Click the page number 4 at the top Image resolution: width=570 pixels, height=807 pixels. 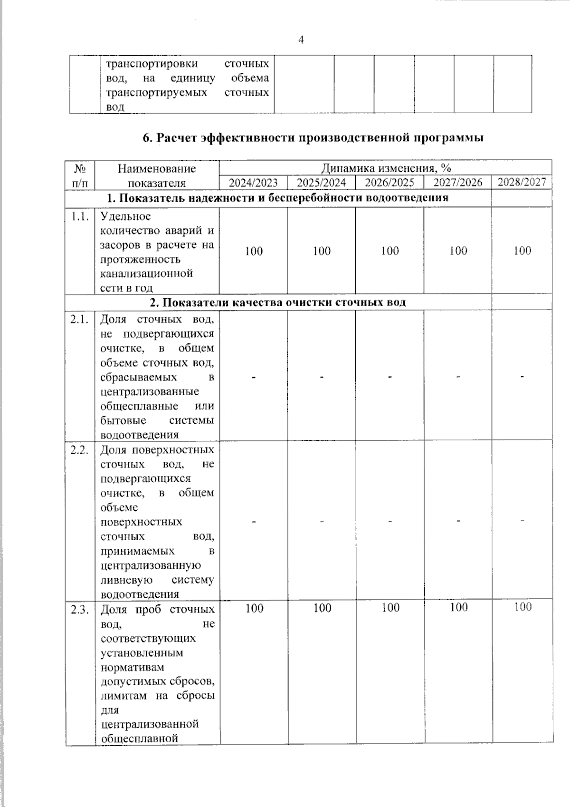pyautogui.click(x=301, y=40)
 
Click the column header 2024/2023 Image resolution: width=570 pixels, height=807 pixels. pyautogui.click(x=253, y=183)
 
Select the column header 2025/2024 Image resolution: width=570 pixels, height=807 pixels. pyautogui.click(x=322, y=183)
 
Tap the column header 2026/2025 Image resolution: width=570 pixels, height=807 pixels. pyautogui.click(x=389, y=183)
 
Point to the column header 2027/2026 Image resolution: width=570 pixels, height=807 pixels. pyautogui.click(x=458, y=183)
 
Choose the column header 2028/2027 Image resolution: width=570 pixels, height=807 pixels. pyautogui.click(x=522, y=182)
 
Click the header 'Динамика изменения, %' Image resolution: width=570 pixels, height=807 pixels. pyautogui.click(x=386, y=168)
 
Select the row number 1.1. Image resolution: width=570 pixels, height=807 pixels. pyautogui.click(x=80, y=217)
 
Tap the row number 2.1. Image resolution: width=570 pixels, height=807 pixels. pyautogui.click(x=80, y=320)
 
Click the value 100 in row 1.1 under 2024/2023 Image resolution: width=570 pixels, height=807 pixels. pyautogui.click(x=254, y=251)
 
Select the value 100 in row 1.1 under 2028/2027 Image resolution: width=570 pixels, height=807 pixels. pyautogui.click(x=522, y=251)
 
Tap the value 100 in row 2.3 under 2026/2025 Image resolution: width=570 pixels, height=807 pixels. pyautogui.click(x=390, y=608)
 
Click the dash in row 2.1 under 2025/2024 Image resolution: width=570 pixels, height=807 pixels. pyautogui.click(x=322, y=377)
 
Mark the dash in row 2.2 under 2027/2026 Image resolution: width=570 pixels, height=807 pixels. pyautogui.click(x=458, y=522)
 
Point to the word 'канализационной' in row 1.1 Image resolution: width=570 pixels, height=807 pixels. pyautogui.click(x=147, y=274)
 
